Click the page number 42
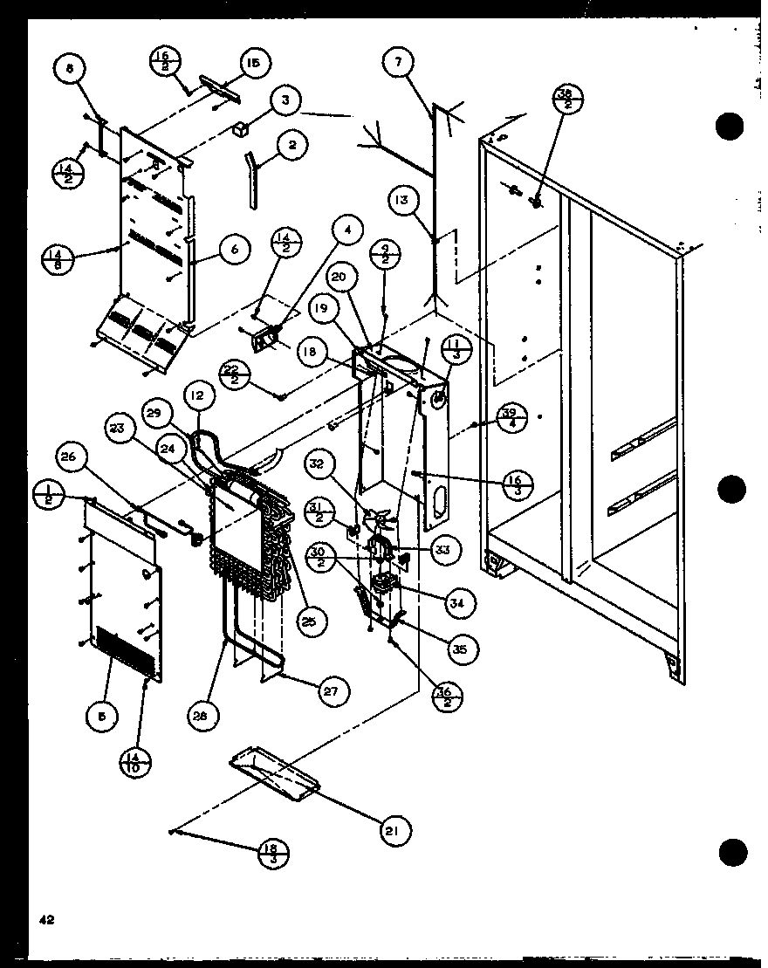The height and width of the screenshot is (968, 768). coord(44,920)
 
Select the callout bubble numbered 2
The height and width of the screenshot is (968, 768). coord(292,146)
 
